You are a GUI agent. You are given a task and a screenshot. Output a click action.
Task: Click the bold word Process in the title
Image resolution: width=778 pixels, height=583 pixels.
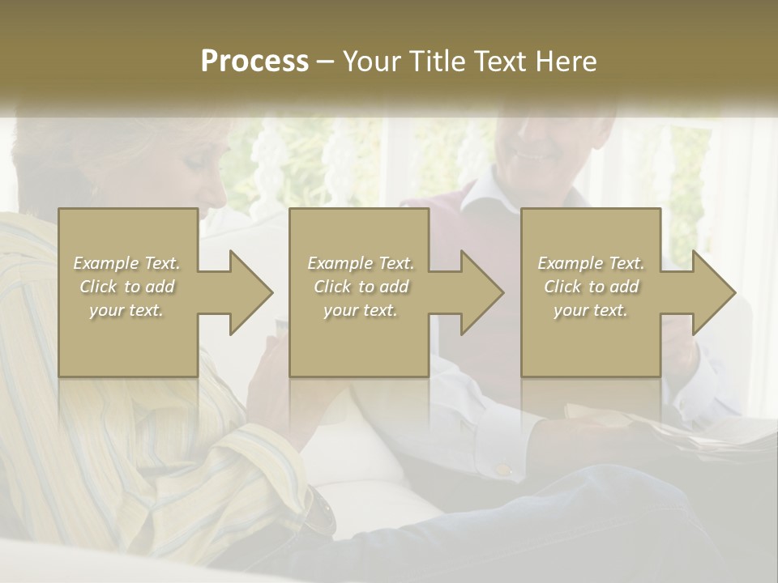[254, 62]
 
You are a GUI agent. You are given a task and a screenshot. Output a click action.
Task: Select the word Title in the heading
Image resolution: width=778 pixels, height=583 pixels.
[435, 62]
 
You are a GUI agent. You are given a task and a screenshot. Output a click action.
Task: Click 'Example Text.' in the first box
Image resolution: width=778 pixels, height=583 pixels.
[127, 263]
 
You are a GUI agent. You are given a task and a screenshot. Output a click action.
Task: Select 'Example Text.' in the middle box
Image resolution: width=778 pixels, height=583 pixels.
[361, 263]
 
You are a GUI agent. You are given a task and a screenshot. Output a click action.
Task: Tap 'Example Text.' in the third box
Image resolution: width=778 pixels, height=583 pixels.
[591, 263]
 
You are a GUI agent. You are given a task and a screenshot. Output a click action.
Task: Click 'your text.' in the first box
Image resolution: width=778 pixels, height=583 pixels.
[127, 310]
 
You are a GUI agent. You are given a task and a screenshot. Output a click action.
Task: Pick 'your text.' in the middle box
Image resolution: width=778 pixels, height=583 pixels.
[361, 310]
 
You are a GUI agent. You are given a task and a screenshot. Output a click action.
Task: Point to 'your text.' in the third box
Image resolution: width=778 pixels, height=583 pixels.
[591, 310]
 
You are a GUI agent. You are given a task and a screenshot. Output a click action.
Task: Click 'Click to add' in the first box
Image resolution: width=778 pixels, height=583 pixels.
[127, 287]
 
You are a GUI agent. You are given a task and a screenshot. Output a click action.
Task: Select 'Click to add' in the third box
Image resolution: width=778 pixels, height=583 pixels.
[591, 287]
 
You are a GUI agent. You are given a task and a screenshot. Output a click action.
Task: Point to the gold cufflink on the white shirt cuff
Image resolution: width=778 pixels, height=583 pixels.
[503, 469]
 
